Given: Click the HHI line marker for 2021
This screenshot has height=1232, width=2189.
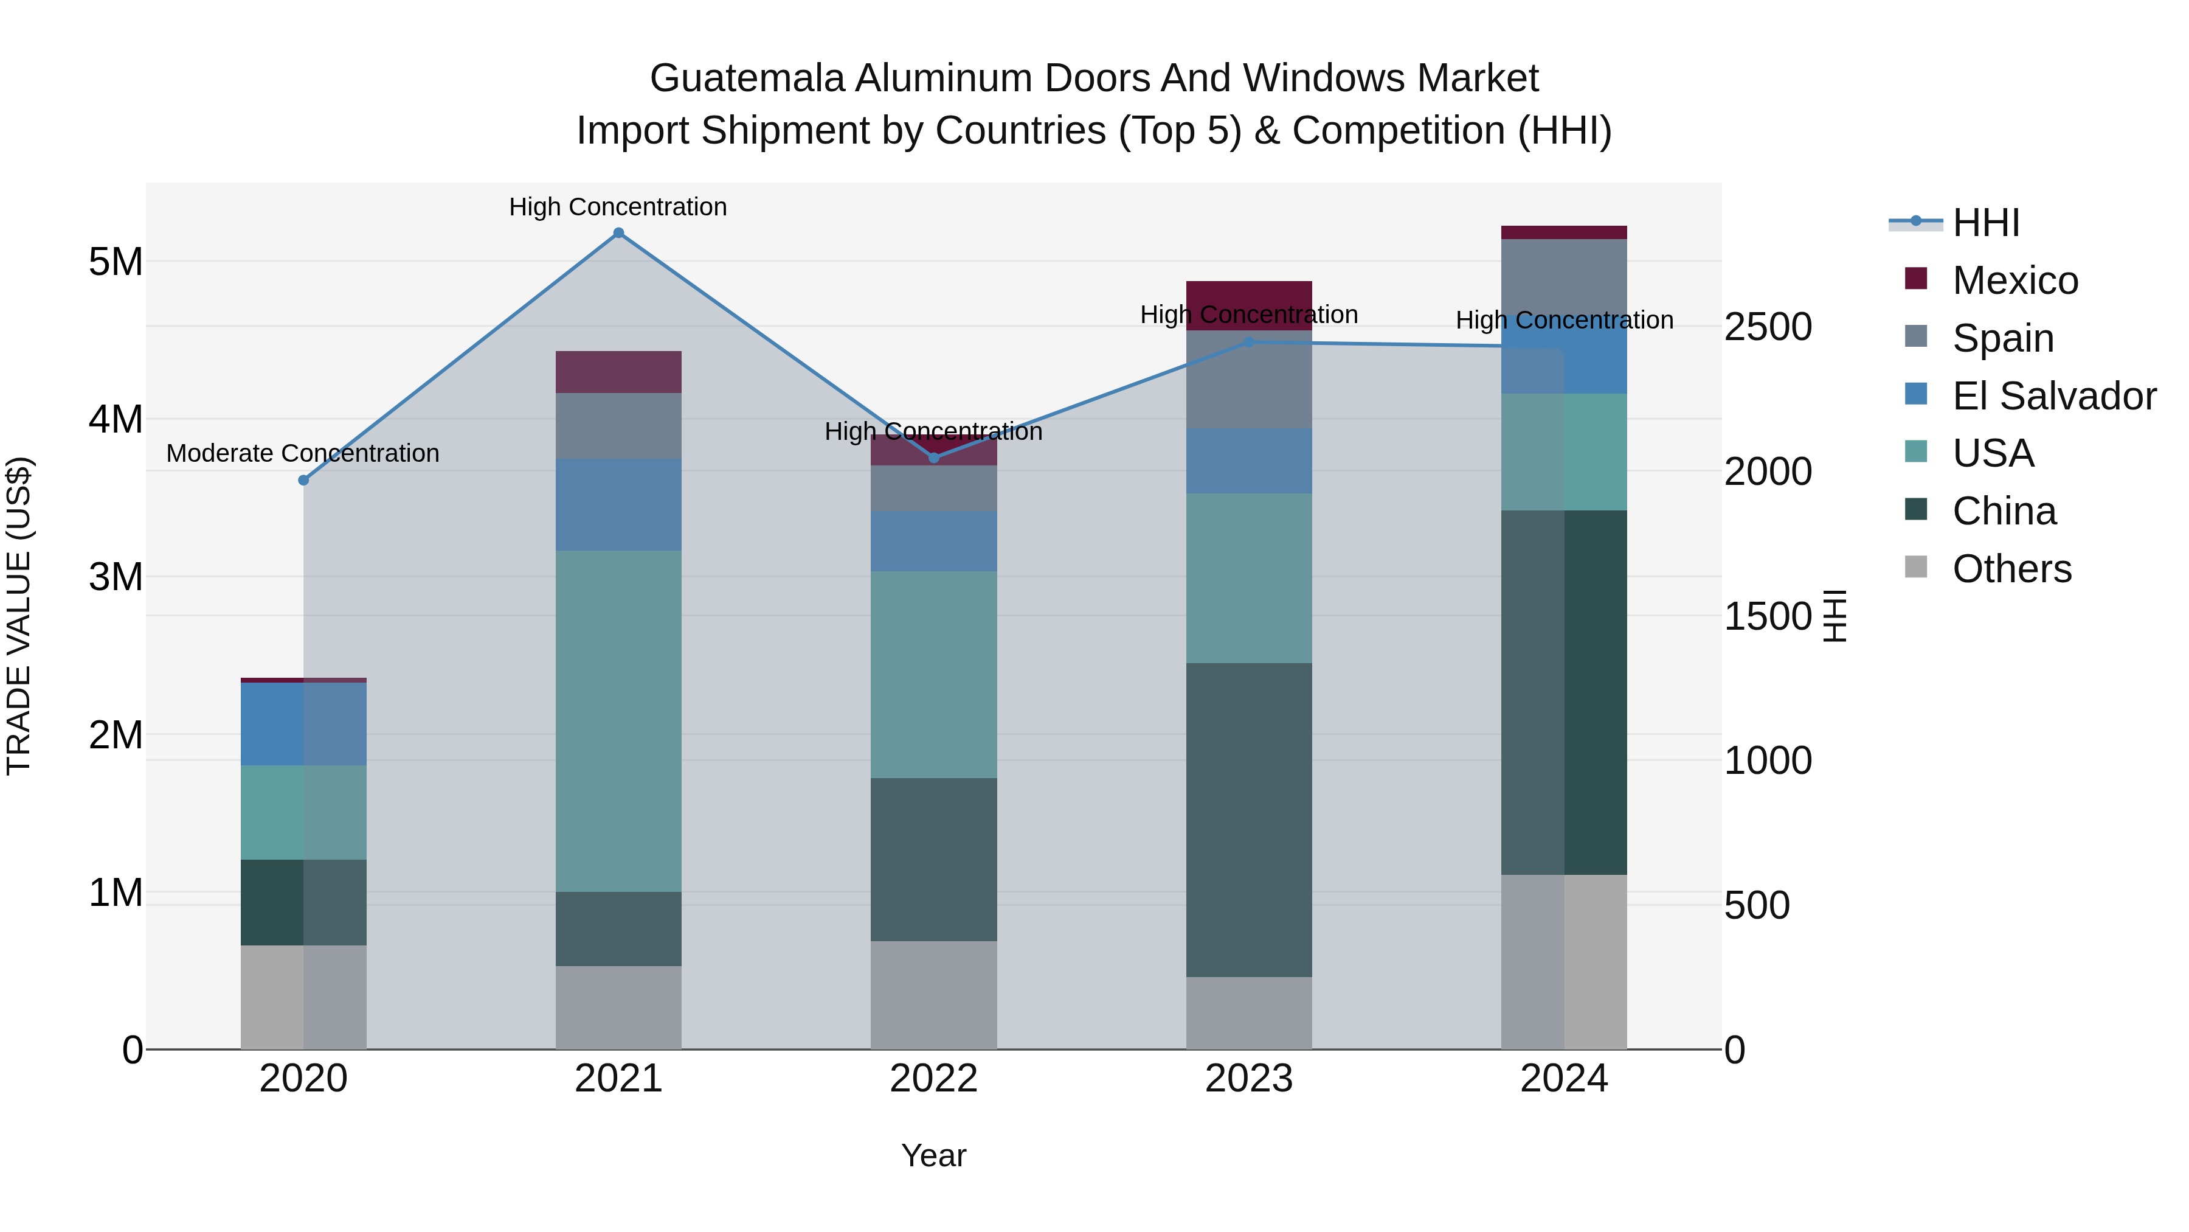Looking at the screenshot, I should click(618, 233).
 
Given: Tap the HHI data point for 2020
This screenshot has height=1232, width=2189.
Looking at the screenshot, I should click(303, 481).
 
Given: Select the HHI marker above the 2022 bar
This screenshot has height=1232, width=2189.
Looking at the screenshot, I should click(934, 458).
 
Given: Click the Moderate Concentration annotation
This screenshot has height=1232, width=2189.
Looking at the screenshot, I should click(303, 453).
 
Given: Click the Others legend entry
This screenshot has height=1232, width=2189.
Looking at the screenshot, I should click(2011, 569).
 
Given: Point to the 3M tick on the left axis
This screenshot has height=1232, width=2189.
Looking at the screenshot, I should click(116, 577).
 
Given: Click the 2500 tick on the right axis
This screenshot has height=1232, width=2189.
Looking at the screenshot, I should click(1768, 327).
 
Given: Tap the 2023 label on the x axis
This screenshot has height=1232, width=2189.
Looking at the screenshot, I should click(1248, 1079).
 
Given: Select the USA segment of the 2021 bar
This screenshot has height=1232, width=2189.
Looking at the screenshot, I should click(618, 721).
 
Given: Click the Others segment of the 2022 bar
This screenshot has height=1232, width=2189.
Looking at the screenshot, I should click(934, 995).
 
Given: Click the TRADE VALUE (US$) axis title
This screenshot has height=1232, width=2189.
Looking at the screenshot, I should click(19, 616).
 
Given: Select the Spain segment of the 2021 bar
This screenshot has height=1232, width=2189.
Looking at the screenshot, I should click(618, 426).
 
